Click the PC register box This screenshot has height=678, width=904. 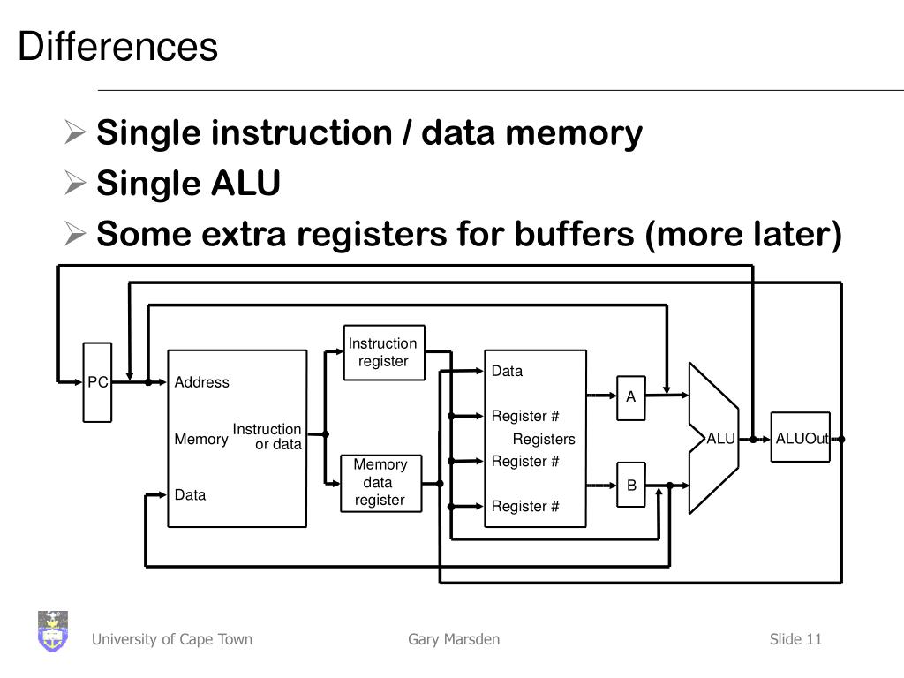pyautogui.click(x=98, y=382)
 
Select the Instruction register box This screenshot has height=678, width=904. pyautogui.click(x=383, y=352)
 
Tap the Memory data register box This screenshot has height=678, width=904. pyautogui.click(x=380, y=482)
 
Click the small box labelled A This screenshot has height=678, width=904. pyautogui.click(x=630, y=397)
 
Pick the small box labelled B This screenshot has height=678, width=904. pyautogui.click(x=631, y=485)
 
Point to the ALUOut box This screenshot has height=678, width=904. pyautogui.click(x=800, y=439)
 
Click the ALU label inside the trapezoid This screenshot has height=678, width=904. pyautogui.click(x=720, y=439)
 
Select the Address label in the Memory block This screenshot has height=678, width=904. pyautogui.click(x=201, y=382)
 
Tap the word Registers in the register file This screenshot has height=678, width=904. pyautogui.click(x=544, y=440)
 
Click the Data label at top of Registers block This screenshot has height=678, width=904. pyautogui.click(x=507, y=371)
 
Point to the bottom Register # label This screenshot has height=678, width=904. pyautogui.click(x=525, y=507)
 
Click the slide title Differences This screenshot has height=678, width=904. pyautogui.click(x=117, y=47)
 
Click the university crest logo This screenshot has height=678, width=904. pyautogui.click(x=53, y=631)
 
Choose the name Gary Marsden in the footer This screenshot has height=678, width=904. pyautogui.click(x=454, y=639)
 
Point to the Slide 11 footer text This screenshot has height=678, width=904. pyautogui.click(x=795, y=639)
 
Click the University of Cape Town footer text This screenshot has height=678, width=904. pyautogui.click(x=172, y=639)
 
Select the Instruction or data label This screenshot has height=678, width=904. pyautogui.click(x=267, y=437)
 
